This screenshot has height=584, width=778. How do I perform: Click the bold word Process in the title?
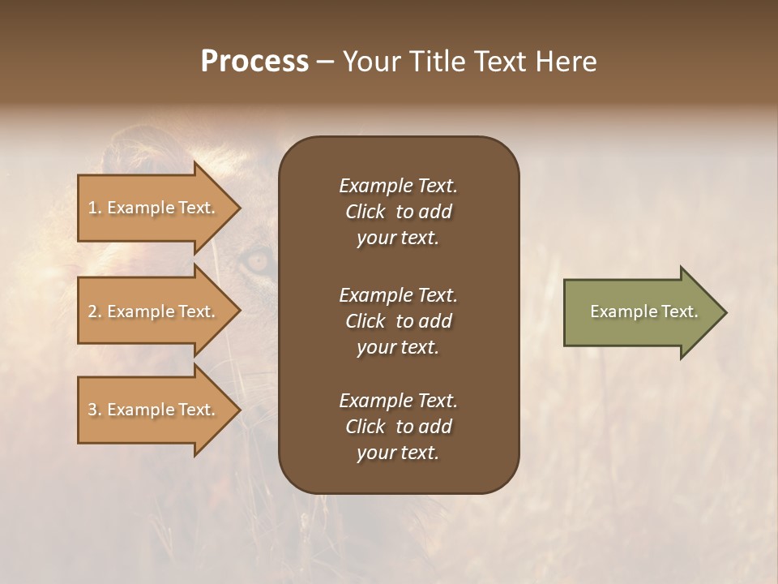pyautogui.click(x=254, y=62)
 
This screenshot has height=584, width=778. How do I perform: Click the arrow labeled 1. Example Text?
pyautogui.click(x=154, y=208)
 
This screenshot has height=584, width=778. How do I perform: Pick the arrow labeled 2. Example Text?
pyautogui.click(x=154, y=311)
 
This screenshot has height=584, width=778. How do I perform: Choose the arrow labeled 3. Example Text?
pyautogui.click(x=154, y=410)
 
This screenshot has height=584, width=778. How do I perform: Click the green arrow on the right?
pyautogui.click(x=640, y=311)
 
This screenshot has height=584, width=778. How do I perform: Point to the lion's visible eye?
pyautogui.click(x=259, y=260)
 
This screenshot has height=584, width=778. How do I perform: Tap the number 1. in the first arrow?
pyautogui.click(x=95, y=208)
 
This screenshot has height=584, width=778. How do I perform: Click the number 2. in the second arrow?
pyautogui.click(x=95, y=311)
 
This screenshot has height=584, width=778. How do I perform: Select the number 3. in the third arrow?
pyautogui.click(x=95, y=410)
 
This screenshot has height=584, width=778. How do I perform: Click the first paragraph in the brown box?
pyautogui.click(x=398, y=212)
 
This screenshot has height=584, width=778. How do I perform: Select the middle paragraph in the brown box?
pyautogui.click(x=398, y=321)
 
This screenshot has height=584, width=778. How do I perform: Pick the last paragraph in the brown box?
pyautogui.click(x=398, y=427)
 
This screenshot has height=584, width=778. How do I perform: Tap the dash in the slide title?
pyautogui.click(x=326, y=62)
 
